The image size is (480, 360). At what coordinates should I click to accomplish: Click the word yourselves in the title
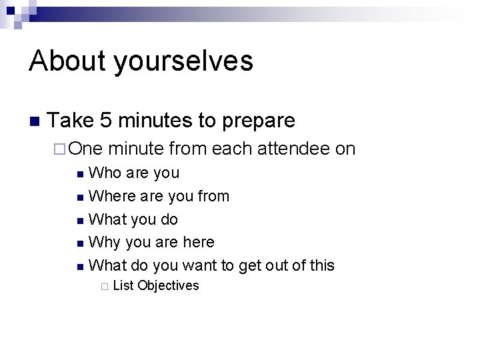coord(183,61)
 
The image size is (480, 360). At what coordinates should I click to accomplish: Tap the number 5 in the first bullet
coord(105,121)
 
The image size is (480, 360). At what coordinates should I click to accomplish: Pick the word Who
coord(104,173)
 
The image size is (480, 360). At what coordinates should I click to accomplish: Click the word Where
coord(110,196)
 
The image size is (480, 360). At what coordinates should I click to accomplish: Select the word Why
coord(103,242)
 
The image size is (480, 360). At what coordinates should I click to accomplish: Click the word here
coord(198,242)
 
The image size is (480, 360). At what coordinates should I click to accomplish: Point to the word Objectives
coord(168,286)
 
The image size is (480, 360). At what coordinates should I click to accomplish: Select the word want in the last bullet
coord(200,265)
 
